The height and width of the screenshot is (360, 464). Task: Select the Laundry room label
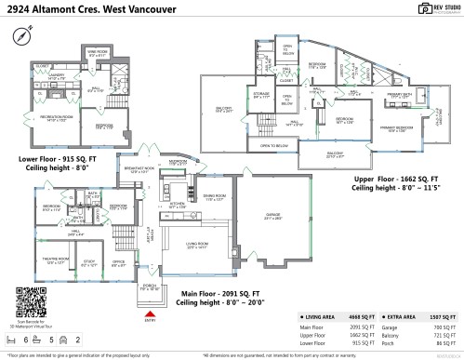pyautogui.click(x=55, y=77)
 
